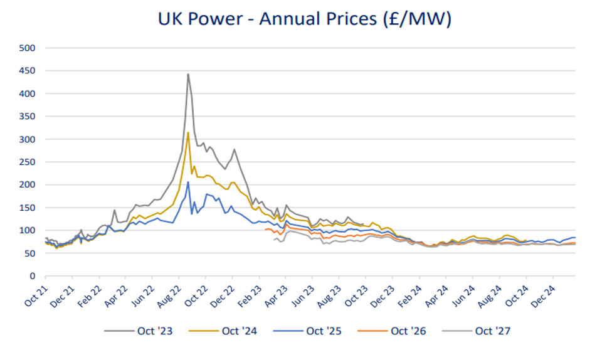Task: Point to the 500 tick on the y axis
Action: tap(28, 48)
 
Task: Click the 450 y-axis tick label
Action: tap(28, 71)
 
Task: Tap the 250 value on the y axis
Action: tap(28, 162)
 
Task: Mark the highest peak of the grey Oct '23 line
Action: tap(188, 74)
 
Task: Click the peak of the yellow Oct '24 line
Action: tap(188, 132)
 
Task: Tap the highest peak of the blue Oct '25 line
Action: tap(188, 183)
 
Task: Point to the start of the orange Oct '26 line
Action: tap(265, 230)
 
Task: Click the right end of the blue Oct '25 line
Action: tap(575, 238)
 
